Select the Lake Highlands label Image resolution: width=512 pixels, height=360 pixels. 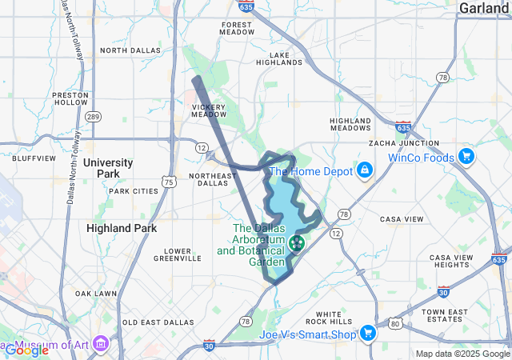(286, 58)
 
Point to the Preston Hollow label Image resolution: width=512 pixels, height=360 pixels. (70, 98)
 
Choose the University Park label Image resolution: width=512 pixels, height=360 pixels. (107, 168)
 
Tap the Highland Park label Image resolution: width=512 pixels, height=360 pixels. (120, 228)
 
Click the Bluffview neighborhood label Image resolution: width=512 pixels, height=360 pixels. (34, 158)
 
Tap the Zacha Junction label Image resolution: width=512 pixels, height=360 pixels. (404, 143)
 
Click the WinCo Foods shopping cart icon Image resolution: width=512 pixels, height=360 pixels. (466, 157)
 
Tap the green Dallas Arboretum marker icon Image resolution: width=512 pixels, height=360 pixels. (298, 242)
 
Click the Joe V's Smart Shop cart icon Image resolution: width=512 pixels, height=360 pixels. (368, 332)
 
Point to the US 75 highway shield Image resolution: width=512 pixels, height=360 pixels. (169, 182)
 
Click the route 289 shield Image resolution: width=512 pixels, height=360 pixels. (94, 117)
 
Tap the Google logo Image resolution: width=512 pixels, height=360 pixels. (26, 350)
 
